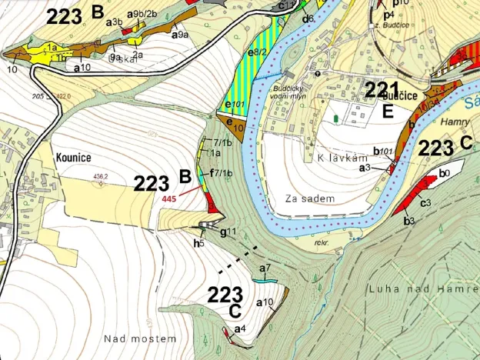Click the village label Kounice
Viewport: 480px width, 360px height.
(x=74, y=158)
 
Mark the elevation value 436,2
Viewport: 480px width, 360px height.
(x=99, y=175)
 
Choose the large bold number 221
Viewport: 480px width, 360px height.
(x=382, y=89)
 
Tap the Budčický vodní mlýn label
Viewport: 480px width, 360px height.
(x=293, y=94)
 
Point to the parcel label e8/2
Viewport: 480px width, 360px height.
(x=258, y=52)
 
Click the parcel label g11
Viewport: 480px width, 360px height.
(x=228, y=232)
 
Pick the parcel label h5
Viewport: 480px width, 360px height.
(x=198, y=243)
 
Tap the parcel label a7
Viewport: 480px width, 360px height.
(x=266, y=268)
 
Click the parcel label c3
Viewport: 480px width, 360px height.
(x=424, y=202)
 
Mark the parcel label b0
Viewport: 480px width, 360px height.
(x=443, y=174)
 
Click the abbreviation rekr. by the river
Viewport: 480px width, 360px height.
(x=322, y=242)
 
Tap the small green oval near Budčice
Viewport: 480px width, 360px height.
(x=335, y=118)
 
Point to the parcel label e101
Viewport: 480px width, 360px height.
(x=233, y=103)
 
